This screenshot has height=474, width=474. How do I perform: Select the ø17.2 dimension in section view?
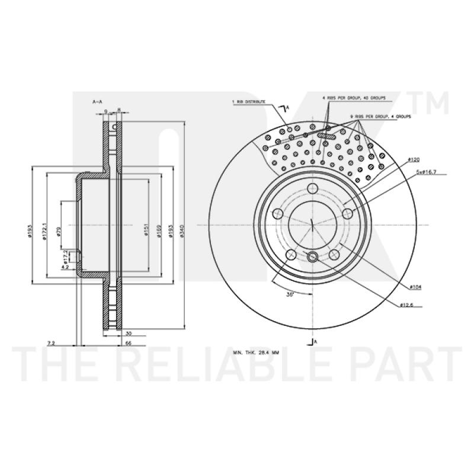click(x=66, y=256)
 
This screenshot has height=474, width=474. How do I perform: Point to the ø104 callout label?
click(x=415, y=287)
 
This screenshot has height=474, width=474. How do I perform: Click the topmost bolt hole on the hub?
click(x=312, y=189)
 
